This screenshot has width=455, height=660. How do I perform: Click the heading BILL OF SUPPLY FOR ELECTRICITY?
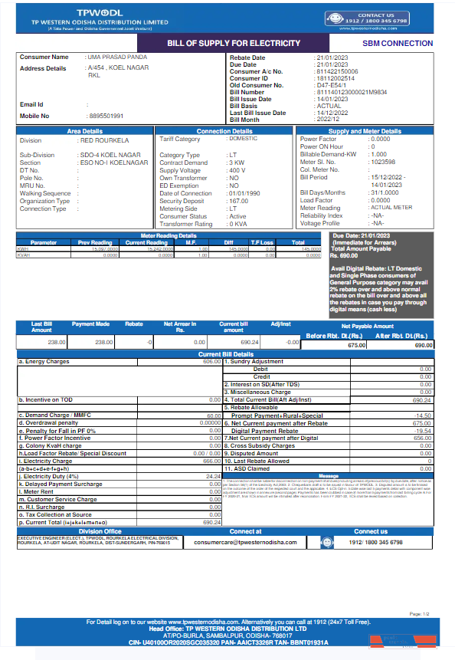click(x=234, y=43)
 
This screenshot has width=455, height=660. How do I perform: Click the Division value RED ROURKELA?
click(x=105, y=141)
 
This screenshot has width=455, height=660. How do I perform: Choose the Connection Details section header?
click(x=224, y=132)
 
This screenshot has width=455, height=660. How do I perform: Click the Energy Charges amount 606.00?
click(x=212, y=361)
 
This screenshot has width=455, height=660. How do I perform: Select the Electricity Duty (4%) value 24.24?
click(x=213, y=477)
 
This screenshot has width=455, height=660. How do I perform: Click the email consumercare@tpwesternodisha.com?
click(x=245, y=542)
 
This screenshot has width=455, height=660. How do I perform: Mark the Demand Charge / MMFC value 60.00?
click(x=214, y=415)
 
